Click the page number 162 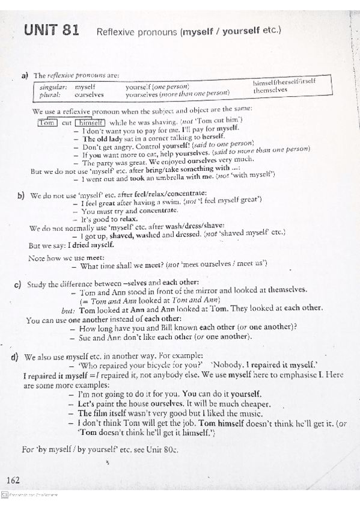[13, 479]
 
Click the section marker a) [25, 75]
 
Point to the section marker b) [21, 195]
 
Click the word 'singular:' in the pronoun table [52, 87]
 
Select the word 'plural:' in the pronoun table [48, 94]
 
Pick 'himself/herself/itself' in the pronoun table [284, 82]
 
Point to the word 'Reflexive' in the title [117, 31]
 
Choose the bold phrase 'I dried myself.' [91, 245]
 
